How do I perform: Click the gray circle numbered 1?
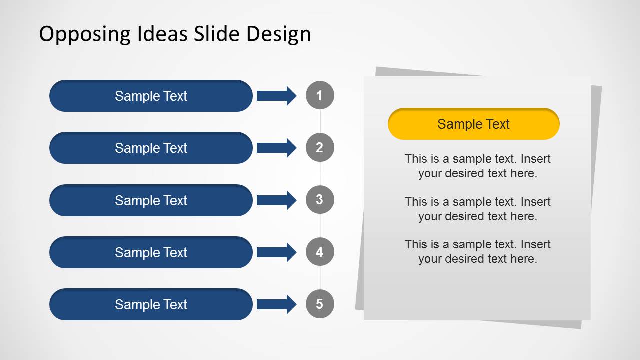(x=320, y=95)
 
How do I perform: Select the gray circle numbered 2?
(x=320, y=148)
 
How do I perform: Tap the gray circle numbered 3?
(x=320, y=200)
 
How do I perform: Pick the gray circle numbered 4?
(x=320, y=252)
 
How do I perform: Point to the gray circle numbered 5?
(x=320, y=304)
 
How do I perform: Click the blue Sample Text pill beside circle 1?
(x=151, y=96)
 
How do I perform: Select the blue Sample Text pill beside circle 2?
(x=151, y=148)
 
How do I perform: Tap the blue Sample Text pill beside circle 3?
(x=151, y=200)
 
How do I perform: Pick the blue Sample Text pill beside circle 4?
(x=151, y=252)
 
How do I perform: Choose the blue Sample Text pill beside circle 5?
(x=151, y=304)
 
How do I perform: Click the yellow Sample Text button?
(x=473, y=124)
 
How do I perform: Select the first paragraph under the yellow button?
(x=477, y=166)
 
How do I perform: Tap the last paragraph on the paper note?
(x=477, y=251)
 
